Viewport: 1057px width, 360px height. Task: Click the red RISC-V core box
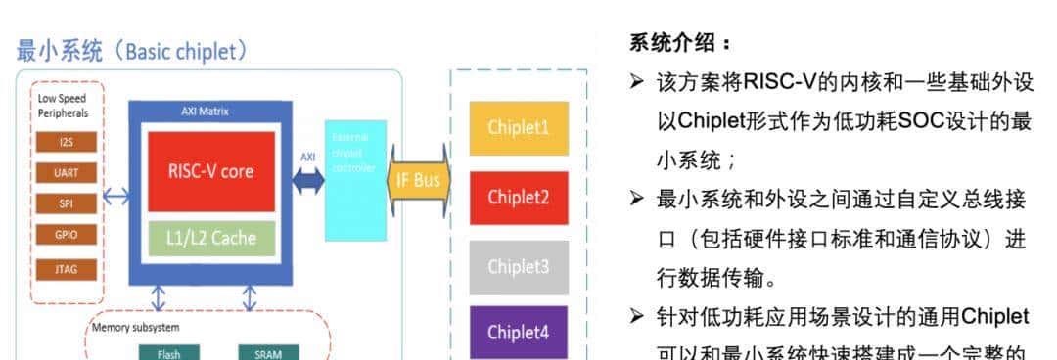click(211, 171)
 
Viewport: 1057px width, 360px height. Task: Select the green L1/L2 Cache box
click(211, 238)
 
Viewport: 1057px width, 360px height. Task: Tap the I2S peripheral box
click(67, 142)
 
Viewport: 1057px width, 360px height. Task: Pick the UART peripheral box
click(67, 173)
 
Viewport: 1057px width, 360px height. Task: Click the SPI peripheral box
click(67, 203)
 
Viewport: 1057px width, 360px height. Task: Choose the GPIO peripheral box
click(67, 235)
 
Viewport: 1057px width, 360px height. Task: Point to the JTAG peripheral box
click(67, 268)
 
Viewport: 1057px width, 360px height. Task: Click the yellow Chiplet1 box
click(519, 128)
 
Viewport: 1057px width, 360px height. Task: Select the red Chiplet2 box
click(519, 197)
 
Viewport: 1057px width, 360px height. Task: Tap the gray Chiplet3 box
click(519, 266)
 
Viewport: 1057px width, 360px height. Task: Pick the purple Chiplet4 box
click(519, 332)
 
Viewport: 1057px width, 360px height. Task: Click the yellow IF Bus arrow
click(419, 180)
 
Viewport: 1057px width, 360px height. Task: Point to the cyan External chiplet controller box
click(355, 179)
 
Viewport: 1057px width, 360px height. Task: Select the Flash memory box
click(168, 352)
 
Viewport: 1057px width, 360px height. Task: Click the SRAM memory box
click(268, 352)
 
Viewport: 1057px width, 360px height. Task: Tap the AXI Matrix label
click(206, 111)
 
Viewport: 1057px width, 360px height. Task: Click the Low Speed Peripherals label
click(62, 106)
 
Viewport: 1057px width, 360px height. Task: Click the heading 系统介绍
click(679, 44)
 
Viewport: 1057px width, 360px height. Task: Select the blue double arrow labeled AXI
click(306, 180)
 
